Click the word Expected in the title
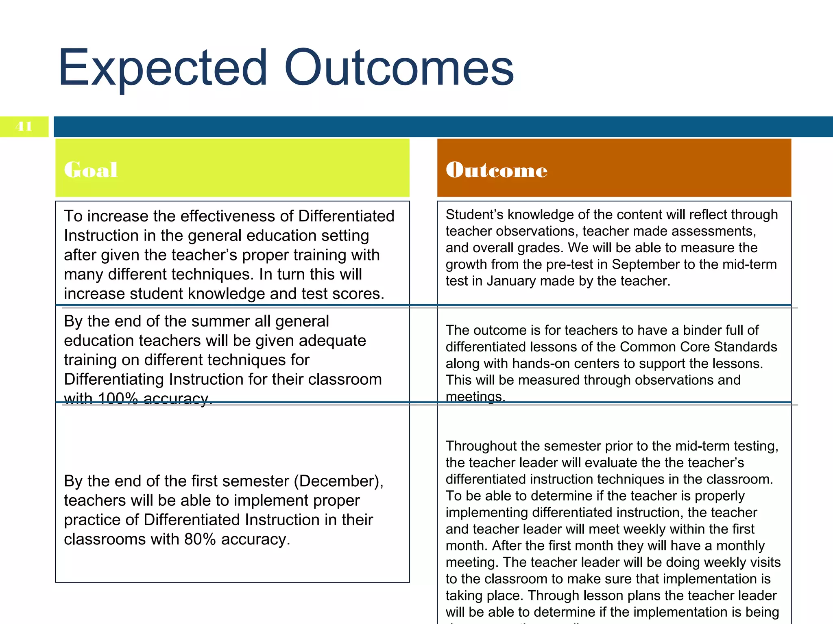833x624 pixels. pyautogui.click(x=163, y=68)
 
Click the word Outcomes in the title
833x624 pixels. pyautogui.click(x=399, y=68)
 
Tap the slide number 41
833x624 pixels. pyautogui.click(x=24, y=126)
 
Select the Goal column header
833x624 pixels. pyautogui.click(x=91, y=169)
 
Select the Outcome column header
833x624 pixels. pyautogui.click(x=496, y=169)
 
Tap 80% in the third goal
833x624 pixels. pyautogui.click(x=200, y=539)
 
